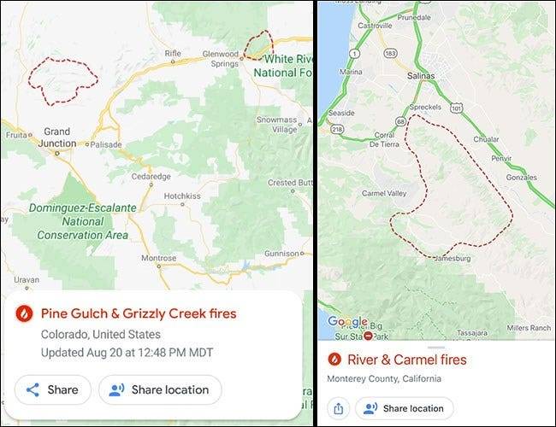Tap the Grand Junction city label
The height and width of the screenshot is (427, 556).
58,137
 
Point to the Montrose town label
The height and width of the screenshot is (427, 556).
158,258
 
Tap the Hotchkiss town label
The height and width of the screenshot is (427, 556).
182,196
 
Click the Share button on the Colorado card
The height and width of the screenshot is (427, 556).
52,389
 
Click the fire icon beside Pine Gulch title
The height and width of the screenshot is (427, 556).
25,313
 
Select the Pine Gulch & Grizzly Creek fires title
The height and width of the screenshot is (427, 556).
138,313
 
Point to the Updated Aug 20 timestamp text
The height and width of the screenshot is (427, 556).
127,352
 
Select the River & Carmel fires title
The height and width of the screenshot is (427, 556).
407,360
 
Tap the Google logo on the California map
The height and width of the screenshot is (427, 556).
347,322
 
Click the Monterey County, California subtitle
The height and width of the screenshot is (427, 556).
384,378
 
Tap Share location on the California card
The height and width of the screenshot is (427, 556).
405,408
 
